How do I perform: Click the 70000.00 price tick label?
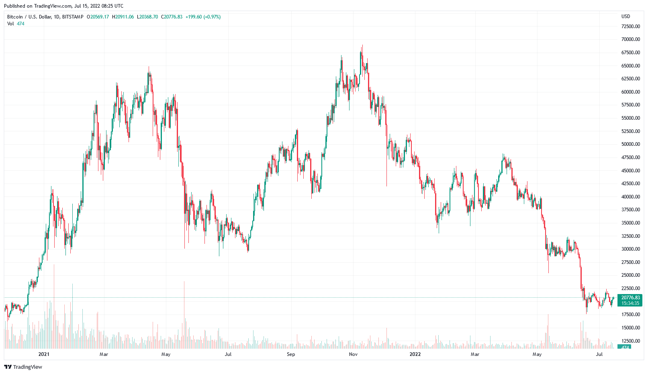pos(630,39)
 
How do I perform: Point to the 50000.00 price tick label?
pos(630,144)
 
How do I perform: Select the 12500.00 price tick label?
pos(630,341)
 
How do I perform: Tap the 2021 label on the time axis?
pos(44,354)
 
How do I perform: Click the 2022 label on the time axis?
pos(415,354)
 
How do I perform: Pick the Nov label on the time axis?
pos(353,354)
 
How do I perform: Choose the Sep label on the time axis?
pos(291,354)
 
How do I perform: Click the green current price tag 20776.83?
pos(630,298)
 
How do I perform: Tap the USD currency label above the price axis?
pos(626,16)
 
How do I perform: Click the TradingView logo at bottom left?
pos(23,367)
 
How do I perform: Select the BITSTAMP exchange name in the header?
pos(73,17)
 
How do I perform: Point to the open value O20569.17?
pos(98,17)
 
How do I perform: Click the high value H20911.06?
pos(123,17)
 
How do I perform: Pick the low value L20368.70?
pos(147,17)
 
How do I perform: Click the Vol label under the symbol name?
pos(10,24)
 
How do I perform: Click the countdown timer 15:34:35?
pos(630,303)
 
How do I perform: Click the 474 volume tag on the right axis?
pos(625,347)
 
